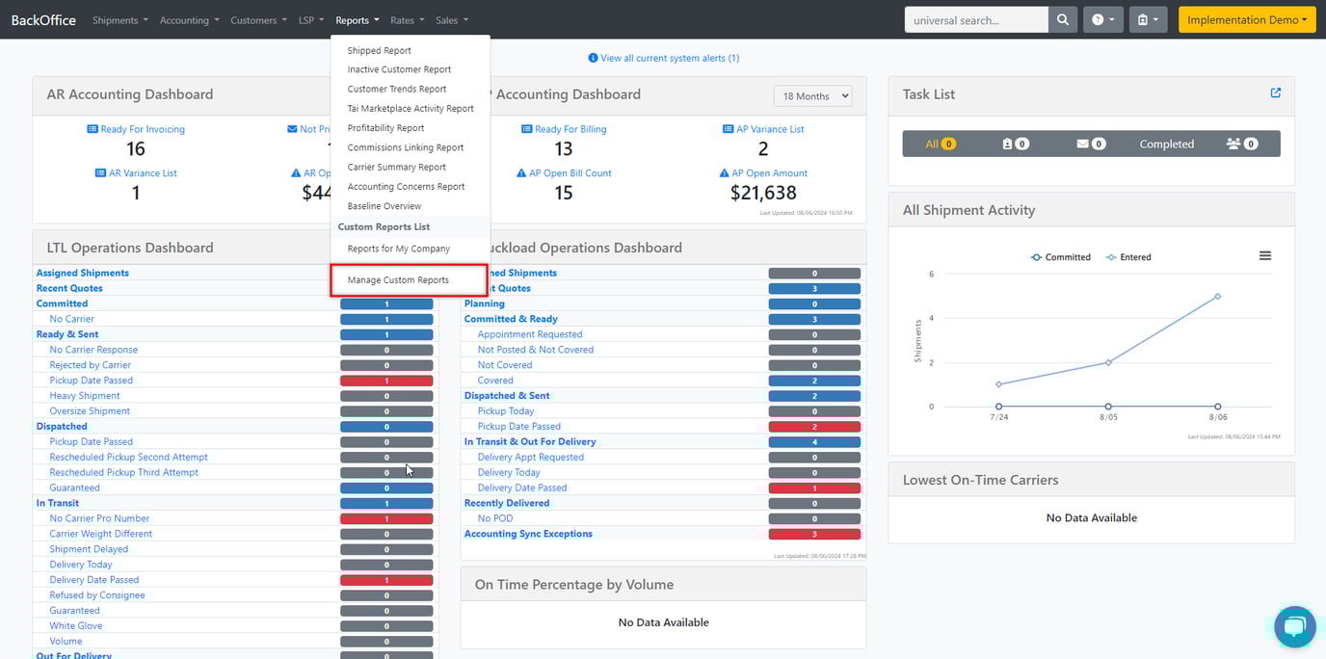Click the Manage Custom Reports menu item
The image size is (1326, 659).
click(398, 280)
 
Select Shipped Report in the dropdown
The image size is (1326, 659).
click(379, 50)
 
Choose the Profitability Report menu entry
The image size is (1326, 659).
click(385, 128)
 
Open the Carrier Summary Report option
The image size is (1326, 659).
click(396, 167)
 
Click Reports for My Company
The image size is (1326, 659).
click(398, 249)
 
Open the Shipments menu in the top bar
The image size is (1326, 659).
click(119, 20)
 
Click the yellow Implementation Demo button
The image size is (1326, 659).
click(1246, 20)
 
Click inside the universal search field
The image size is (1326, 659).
click(975, 20)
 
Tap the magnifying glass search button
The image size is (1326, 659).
click(1062, 20)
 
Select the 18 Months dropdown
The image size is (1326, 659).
click(812, 96)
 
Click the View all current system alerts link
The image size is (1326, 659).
click(664, 58)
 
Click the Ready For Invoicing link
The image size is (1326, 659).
click(142, 129)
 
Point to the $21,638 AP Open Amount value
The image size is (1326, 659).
click(763, 193)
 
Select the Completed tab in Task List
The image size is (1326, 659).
click(1166, 145)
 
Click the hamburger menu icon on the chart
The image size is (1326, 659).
click(1265, 255)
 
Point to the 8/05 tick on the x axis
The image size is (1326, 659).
click(1108, 417)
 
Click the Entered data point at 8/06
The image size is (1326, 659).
click(1218, 296)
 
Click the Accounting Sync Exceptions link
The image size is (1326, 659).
click(528, 534)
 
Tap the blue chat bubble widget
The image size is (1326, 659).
click(1294, 627)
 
